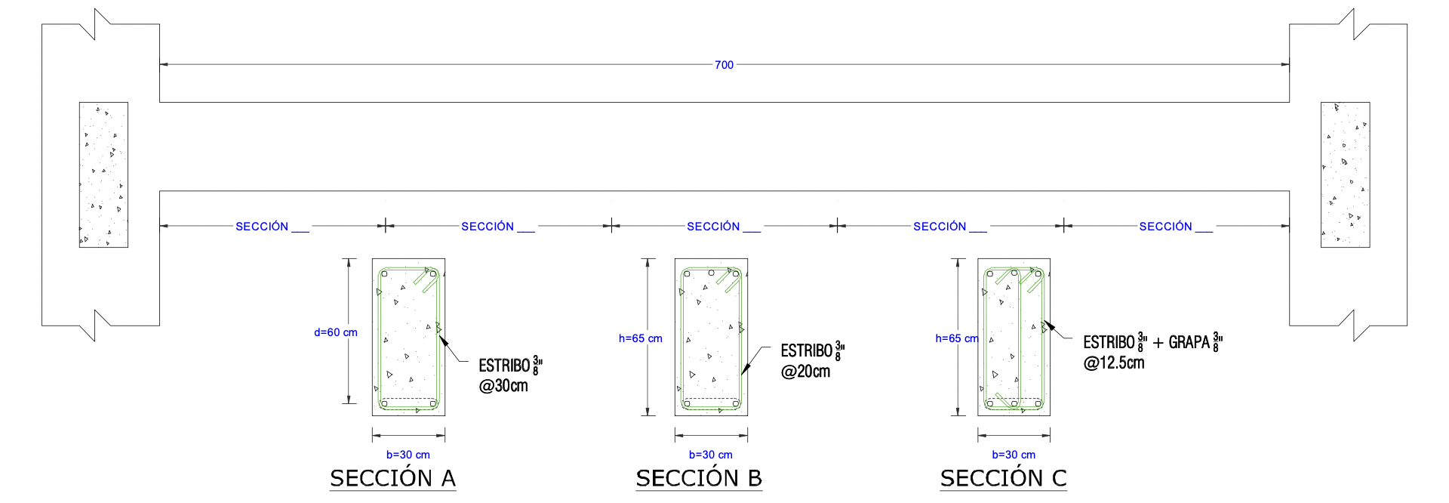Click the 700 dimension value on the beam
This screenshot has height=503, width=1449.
pos(724,65)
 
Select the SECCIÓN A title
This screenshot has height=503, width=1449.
pos(392,478)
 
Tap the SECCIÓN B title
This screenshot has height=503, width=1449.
pos(699,478)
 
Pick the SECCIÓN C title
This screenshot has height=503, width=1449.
pos(1003,478)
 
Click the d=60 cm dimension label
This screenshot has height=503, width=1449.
pos(336,332)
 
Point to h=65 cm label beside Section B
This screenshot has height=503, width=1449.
pos(640,338)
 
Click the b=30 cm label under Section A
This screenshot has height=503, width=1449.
pos(408,455)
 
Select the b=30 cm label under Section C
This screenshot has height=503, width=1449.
pos(1014,455)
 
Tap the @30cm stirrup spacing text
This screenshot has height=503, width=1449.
pos(503,386)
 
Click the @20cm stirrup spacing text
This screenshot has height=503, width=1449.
pos(805,372)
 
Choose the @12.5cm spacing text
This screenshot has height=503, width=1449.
pos(1114,363)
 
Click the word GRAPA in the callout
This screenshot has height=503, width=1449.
pos(1189,343)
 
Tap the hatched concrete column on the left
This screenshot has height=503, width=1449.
pos(103,174)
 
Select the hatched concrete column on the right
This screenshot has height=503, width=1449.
pos(1345,174)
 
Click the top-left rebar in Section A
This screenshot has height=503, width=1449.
pos(384,274)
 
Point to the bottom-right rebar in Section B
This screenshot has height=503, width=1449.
pos(736,403)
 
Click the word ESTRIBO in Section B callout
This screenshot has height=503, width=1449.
pos(806,351)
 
